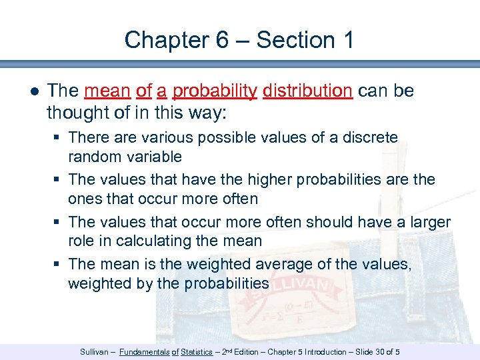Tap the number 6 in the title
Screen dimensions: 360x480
pos(223,40)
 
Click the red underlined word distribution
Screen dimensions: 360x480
pos(307,91)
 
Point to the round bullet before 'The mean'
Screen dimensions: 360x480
pos(33,91)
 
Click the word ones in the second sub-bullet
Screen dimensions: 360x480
pos(85,199)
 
